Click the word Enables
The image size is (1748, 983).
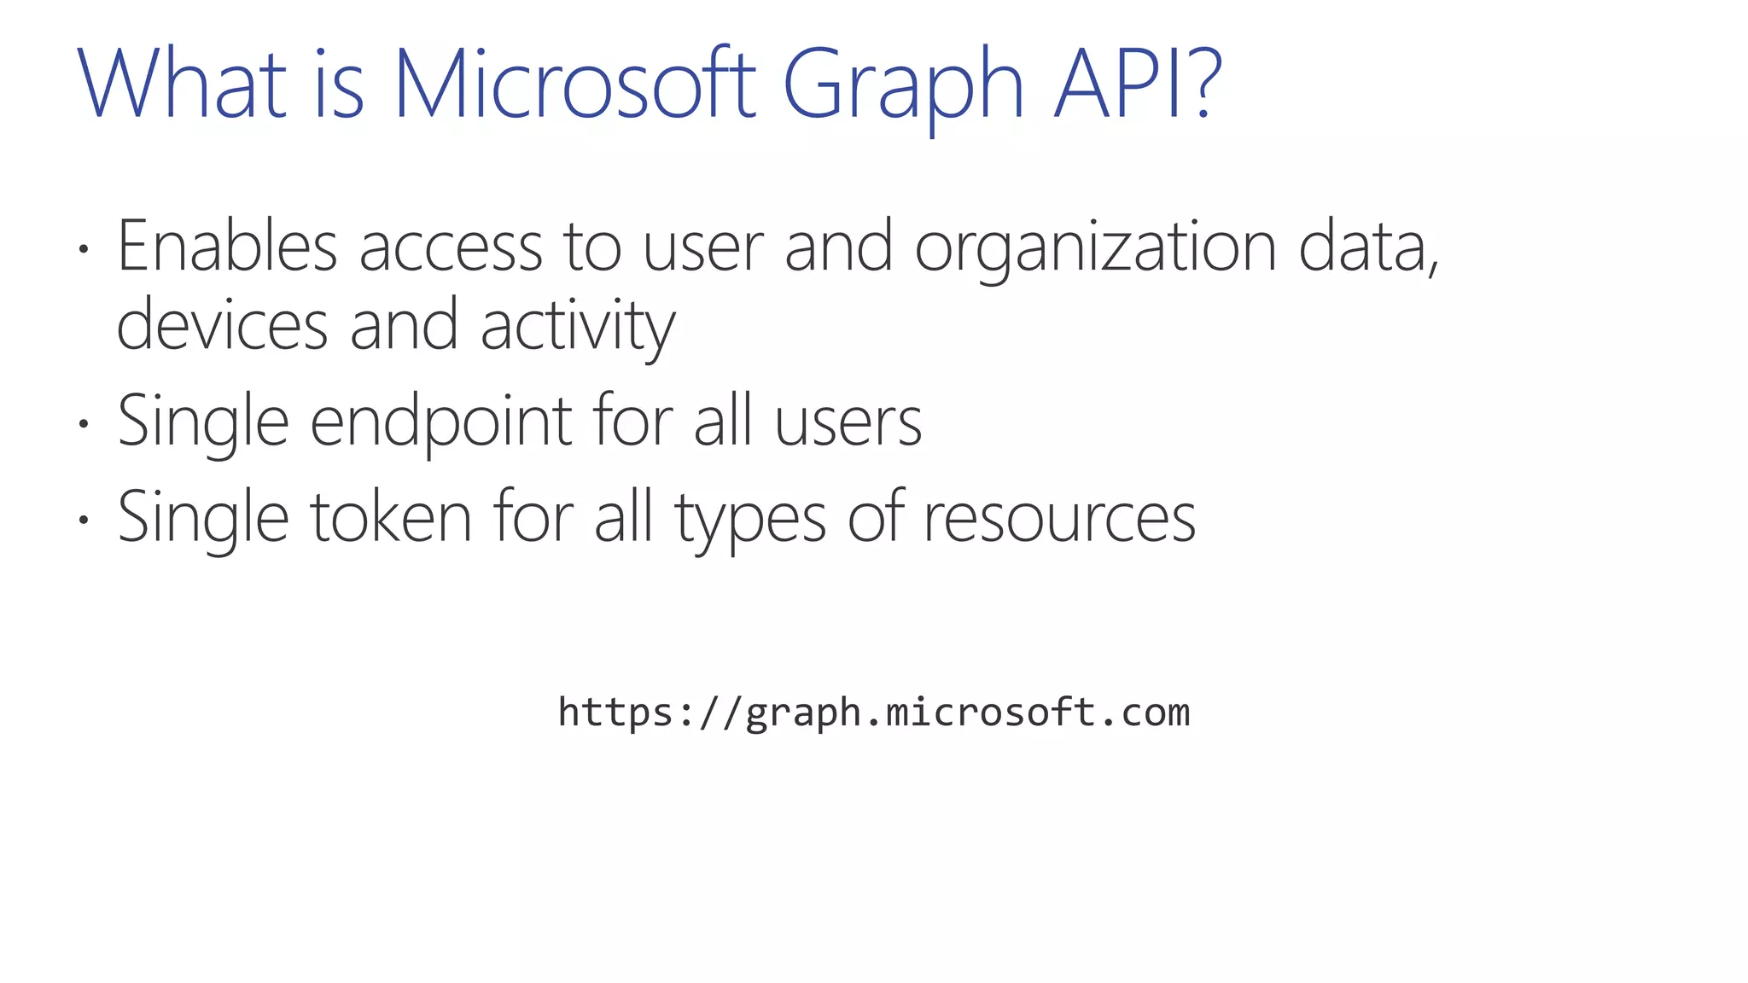(x=227, y=247)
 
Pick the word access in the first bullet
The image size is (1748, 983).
(x=450, y=248)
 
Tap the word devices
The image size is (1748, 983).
(x=222, y=326)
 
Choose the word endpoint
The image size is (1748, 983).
(x=440, y=422)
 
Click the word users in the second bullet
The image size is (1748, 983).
(x=848, y=422)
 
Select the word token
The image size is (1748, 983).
(x=390, y=518)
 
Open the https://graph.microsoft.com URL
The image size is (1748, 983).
(x=873, y=713)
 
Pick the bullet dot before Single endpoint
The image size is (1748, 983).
(x=83, y=424)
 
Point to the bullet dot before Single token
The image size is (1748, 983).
(x=83, y=520)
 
